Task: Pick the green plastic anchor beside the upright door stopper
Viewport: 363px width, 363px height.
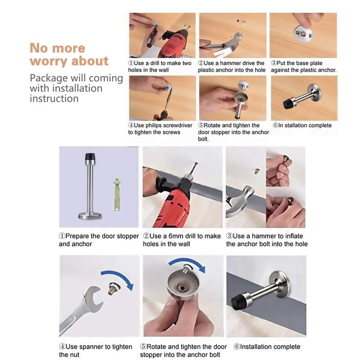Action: (117, 195)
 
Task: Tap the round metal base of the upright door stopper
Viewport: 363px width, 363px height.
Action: (90, 216)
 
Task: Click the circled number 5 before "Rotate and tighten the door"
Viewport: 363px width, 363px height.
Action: (143, 347)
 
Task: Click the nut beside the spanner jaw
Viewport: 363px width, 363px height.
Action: (113, 288)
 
